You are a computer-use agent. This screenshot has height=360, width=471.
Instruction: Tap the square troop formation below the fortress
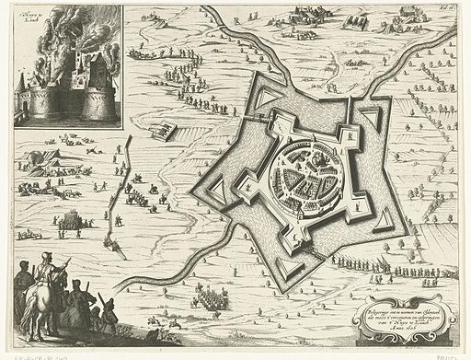click(216, 297)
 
